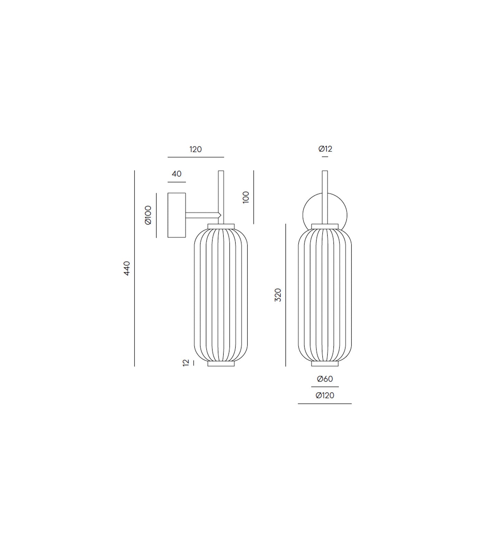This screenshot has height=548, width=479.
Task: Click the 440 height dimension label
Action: point(127,268)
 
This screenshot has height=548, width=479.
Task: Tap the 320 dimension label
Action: point(278,295)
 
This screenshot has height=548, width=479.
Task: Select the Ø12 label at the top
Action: point(325,149)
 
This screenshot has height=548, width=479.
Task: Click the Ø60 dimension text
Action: point(325,379)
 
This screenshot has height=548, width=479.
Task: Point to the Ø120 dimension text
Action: point(325,396)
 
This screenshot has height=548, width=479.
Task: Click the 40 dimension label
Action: point(177,174)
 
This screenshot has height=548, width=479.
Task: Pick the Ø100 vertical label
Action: point(148,215)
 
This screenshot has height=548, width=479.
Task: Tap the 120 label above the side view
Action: point(196,149)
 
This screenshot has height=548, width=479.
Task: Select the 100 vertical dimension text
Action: point(246,197)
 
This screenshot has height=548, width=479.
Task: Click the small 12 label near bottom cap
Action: point(186,363)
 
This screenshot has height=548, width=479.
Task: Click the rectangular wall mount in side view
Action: point(177,215)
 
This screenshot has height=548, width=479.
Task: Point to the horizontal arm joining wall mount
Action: point(201,215)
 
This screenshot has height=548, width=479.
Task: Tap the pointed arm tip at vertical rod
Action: point(220,215)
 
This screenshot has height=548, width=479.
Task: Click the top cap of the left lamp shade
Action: point(221,226)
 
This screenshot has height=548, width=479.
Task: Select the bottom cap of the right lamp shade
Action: point(325,364)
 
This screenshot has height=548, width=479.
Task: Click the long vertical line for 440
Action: point(134,268)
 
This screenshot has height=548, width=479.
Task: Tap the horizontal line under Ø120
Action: point(325,404)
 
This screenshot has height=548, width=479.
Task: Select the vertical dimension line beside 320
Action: point(286,295)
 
